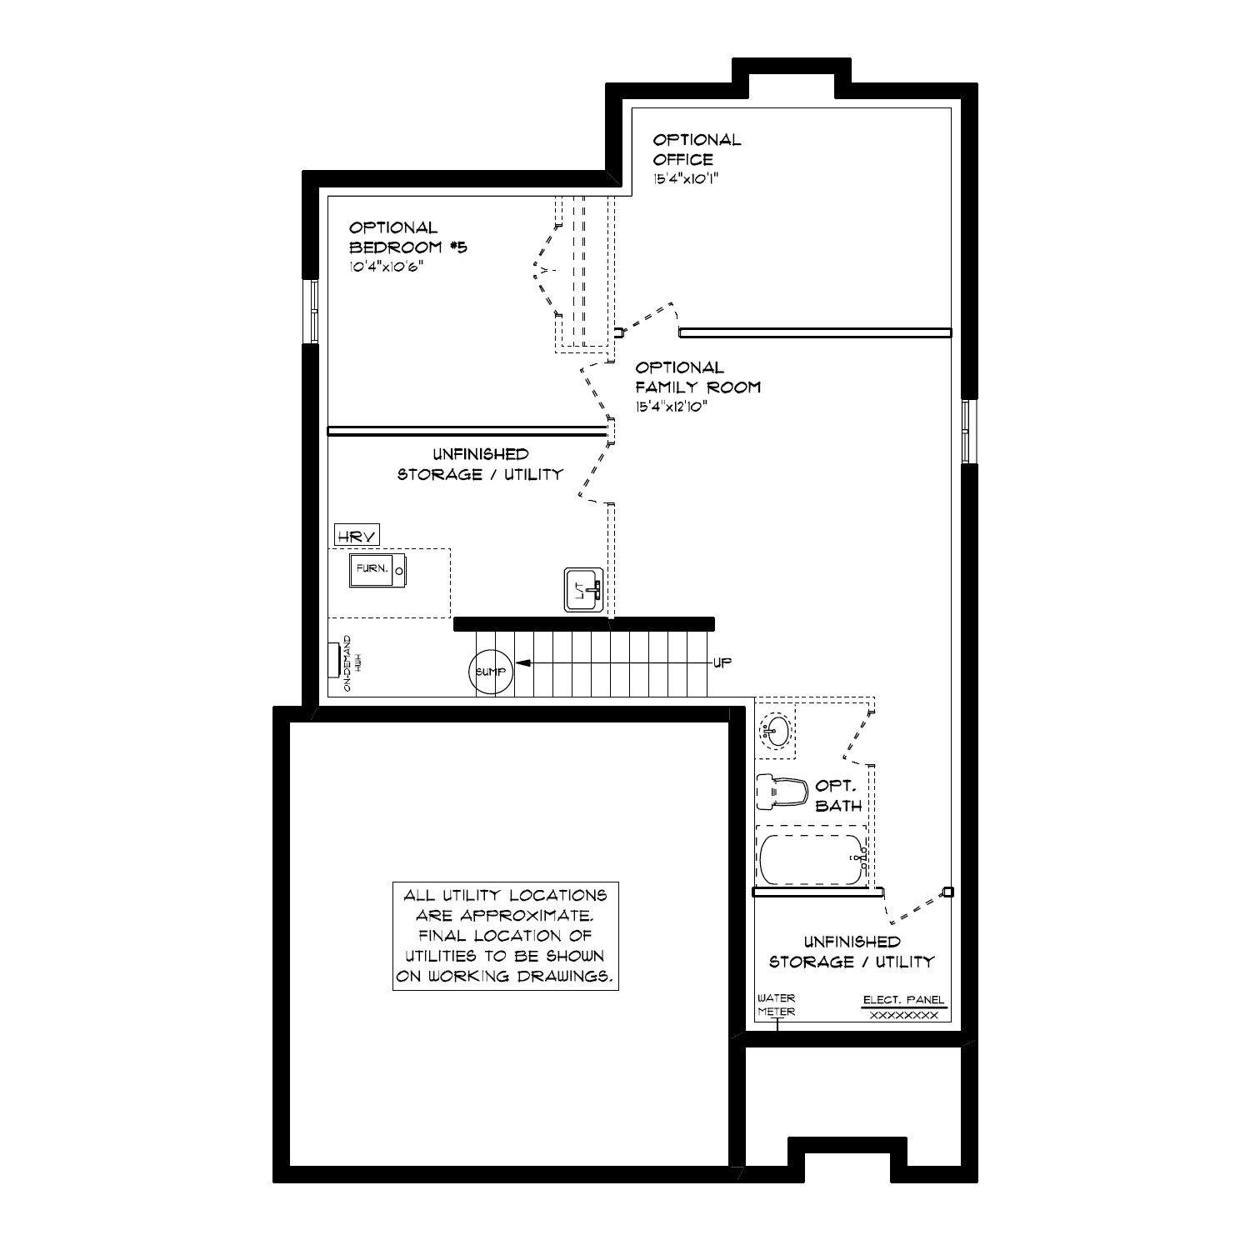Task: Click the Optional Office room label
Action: click(x=697, y=149)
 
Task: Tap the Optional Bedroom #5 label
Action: click(x=407, y=237)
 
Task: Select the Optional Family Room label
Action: click(x=698, y=377)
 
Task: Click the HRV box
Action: click(x=357, y=536)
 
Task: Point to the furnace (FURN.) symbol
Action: click(x=377, y=570)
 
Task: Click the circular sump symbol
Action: click(x=490, y=671)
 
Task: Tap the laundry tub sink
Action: click(x=583, y=591)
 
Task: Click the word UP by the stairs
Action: click(x=722, y=662)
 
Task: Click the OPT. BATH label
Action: click(x=838, y=796)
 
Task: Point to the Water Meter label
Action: click(x=776, y=1005)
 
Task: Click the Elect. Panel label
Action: click(x=904, y=1000)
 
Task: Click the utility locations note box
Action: click(x=505, y=936)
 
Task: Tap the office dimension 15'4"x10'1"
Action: click(x=685, y=177)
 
